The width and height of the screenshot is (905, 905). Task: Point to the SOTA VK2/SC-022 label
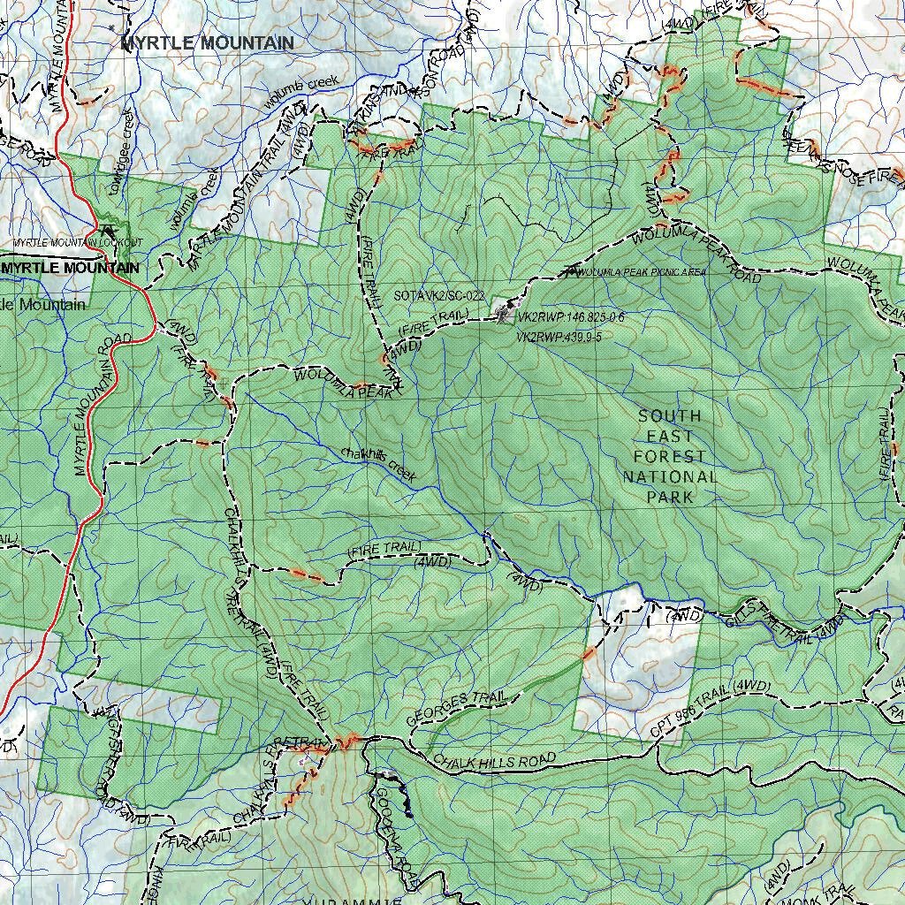[x=439, y=296]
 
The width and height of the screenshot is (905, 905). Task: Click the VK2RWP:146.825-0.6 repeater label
[x=570, y=316]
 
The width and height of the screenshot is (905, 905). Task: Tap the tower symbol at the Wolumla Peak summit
[x=505, y=310]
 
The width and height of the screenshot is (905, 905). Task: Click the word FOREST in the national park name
[x=670, y=457]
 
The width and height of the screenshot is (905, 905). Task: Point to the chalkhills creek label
[x=378, y=463]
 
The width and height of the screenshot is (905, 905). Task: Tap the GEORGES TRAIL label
[x=456, y=708]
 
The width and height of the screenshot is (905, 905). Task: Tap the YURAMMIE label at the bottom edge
[x=354, y=901]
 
